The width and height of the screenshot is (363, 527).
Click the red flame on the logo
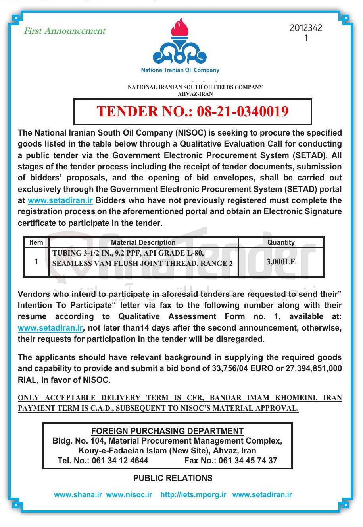179,28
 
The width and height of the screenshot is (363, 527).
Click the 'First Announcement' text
65,31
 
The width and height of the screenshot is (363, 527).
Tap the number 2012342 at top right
306,28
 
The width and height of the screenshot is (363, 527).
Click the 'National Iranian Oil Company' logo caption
180,70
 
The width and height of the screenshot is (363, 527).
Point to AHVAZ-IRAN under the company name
195,94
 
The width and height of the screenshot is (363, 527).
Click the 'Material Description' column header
143,242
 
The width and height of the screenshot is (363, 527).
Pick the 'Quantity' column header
281,242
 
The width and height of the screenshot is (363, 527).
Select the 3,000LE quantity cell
281,262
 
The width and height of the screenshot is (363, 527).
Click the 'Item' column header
36,242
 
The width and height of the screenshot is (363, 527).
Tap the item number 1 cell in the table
36,262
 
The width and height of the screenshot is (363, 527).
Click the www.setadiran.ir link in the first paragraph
60,200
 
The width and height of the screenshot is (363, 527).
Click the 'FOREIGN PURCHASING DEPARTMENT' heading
167,431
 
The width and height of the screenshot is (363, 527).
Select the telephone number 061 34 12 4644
120,461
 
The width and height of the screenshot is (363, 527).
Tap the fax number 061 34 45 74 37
248,461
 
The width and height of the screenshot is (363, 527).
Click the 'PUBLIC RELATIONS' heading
173,478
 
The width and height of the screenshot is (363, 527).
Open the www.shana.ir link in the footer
78,495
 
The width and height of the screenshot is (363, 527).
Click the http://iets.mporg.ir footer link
193,495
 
